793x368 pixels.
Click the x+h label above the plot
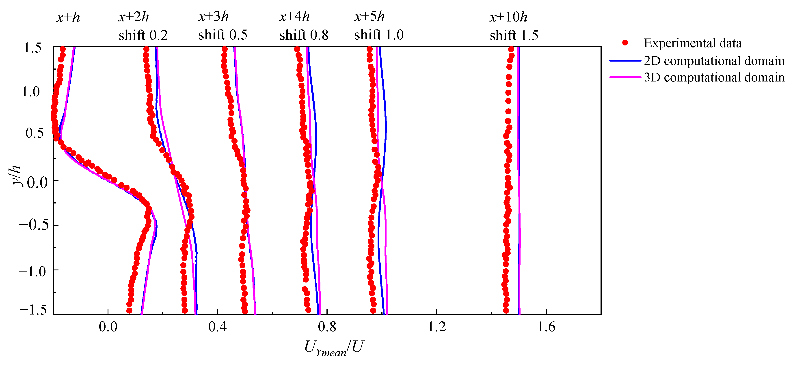tap(68, 17)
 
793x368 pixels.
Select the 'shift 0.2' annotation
tap(143, 35)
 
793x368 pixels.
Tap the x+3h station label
tap(213, 17)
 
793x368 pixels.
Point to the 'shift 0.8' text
tap(304, 35)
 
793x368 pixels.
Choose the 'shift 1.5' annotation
tap(514, 35)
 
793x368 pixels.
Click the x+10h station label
tap(508, 17)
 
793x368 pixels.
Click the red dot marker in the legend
tap(625, 43)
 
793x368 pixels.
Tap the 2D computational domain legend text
tap(714, 61)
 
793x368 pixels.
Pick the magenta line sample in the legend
tap(625, 77)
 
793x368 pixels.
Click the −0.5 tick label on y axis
tap(34, 225)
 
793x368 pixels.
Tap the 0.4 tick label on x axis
tap(217, 327)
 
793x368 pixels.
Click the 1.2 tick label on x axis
tap(436, 327)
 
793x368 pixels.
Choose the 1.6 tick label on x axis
tap(546, 327)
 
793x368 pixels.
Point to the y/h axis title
tap(16, 175)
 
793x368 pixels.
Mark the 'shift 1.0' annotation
tap(379, 35)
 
